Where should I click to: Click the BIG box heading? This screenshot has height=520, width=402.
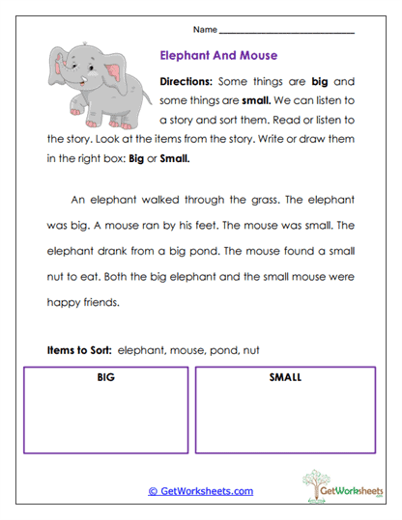(106, 377)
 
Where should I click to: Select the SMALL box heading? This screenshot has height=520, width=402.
(285, 377)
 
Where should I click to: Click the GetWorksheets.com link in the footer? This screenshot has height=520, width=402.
(200, 491)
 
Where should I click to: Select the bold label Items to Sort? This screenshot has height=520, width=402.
(78, 348)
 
